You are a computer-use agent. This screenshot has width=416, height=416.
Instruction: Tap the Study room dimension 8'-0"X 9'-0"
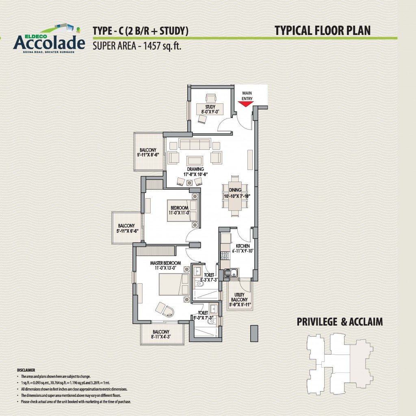[210, 112]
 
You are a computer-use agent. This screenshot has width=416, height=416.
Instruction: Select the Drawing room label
[195, 169]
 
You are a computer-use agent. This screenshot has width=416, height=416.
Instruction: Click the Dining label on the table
[235, 190]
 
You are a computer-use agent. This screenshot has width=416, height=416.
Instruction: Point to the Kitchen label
[243, 246]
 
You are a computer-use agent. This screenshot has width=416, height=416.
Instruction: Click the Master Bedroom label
[166, 263]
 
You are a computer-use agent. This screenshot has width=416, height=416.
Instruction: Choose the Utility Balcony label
[239, 297]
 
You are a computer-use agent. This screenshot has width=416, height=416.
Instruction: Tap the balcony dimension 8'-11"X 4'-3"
[161, 337]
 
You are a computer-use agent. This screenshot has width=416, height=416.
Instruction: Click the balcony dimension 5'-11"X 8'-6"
[148, 155]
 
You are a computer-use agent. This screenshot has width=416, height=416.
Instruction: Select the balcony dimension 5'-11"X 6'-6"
[127, 231]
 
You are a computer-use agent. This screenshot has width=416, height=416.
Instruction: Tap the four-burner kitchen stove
[225, 256]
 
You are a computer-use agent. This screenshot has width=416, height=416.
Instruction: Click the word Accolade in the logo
[49, 42]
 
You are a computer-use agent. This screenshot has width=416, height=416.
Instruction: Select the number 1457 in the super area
[152, 46]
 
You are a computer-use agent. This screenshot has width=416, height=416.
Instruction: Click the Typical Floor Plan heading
[322, 31]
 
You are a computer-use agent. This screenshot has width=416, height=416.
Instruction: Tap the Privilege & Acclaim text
[340, 322]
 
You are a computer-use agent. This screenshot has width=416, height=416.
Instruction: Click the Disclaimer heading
[26, 370]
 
